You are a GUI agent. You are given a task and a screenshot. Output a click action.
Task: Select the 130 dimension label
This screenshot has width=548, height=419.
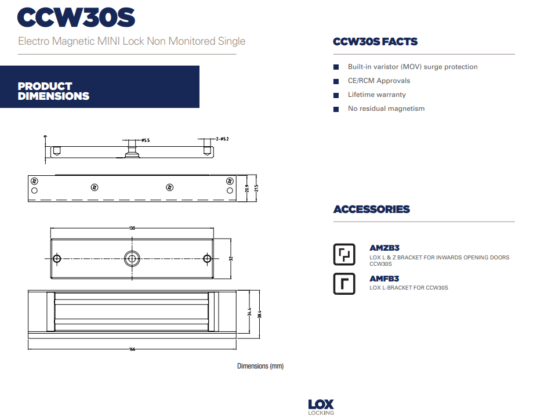click(132, 228)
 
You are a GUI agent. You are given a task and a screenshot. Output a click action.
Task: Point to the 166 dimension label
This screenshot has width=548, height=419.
click(132, 349)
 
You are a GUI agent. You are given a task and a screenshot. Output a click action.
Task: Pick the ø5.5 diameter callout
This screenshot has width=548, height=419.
click(145, 140)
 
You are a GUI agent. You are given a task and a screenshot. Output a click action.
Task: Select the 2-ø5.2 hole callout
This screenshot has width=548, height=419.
click(222, 139)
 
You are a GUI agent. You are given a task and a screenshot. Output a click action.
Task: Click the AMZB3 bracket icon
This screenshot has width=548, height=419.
click(344, 254)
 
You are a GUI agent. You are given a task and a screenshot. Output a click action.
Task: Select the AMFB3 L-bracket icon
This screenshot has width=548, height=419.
click(344, 284)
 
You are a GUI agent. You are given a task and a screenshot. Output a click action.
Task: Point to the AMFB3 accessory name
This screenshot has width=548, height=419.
click(384, 279)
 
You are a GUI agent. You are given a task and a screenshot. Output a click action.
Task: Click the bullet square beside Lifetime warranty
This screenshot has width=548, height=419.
click(336, 95)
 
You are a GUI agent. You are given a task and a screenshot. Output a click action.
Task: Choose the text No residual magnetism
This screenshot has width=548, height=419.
click(386, 109)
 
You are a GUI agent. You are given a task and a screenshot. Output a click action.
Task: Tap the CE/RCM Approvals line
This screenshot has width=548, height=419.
click(379, 81)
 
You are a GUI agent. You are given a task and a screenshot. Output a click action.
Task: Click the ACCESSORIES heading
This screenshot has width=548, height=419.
click(371, 209)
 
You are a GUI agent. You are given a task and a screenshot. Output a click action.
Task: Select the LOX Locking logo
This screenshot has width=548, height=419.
click(321, 406)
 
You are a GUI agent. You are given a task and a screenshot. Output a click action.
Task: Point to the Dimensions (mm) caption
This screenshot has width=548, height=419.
click(260, 366)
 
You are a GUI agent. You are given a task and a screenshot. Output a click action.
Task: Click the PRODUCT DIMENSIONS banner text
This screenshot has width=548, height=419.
click(53, 91)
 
